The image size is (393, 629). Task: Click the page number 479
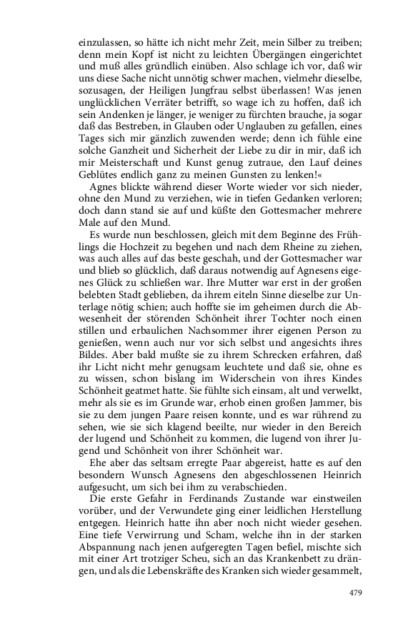(357, 592)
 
